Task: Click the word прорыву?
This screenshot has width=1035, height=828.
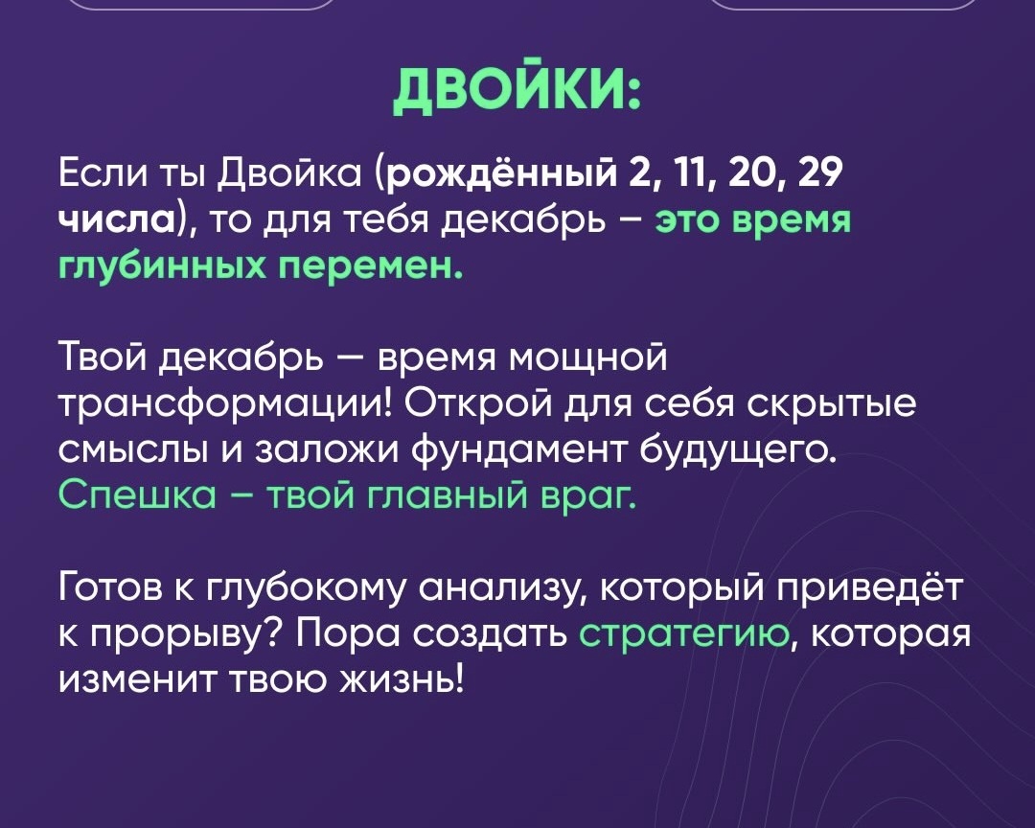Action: tap(186, 630)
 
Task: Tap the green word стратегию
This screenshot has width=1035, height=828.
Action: tap(687, 630)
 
